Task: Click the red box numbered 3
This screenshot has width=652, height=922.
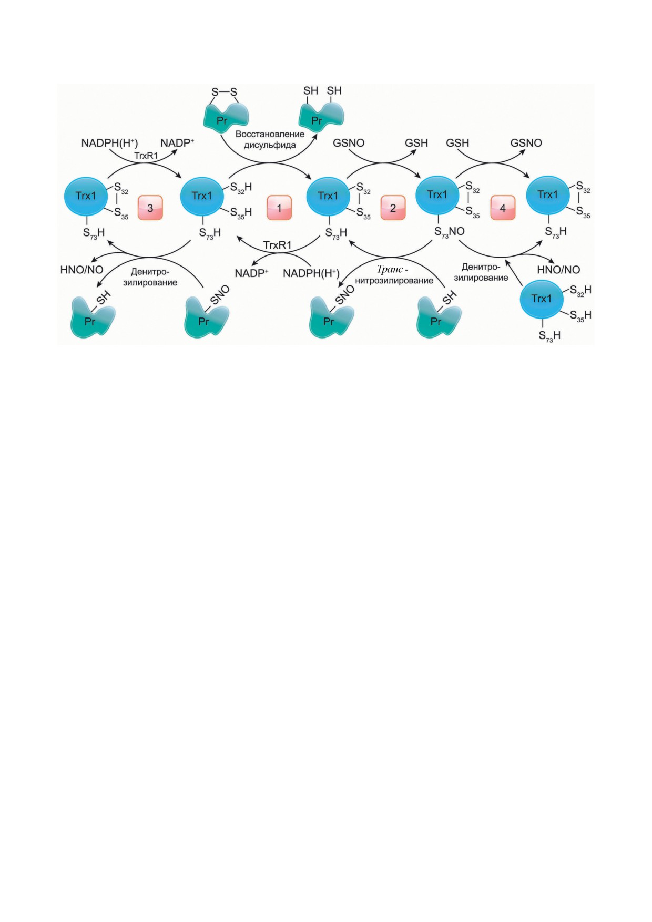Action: coord(150,208)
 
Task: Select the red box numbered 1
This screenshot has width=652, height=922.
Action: coord(279,208)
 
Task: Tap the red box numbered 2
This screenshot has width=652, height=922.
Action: coord(393,208)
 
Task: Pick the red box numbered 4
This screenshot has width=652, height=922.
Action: coord(503,208)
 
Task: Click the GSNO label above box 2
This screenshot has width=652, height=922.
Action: coord(349,143)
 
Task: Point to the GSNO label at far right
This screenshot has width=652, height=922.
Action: coord(526,143)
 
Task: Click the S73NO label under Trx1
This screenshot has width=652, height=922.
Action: coord(450,232)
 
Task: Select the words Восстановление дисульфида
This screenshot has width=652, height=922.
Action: coord(270,139)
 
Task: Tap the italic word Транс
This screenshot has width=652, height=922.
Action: coord(390,270)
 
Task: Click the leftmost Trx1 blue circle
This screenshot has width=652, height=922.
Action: coord(86,196)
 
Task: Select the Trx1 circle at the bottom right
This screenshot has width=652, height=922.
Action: coord(542,299)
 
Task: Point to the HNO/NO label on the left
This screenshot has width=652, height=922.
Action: coord(82,270)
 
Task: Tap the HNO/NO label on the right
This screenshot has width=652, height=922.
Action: coord(558,270)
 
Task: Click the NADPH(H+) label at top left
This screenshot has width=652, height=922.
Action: coord(109,143)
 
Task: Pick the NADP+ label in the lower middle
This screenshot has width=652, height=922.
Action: coord(251,273)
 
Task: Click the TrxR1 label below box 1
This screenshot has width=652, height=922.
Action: coord(277,245)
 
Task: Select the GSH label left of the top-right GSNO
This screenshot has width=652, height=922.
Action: coord(457,143)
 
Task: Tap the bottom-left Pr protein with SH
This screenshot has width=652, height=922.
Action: coord(93,317)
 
